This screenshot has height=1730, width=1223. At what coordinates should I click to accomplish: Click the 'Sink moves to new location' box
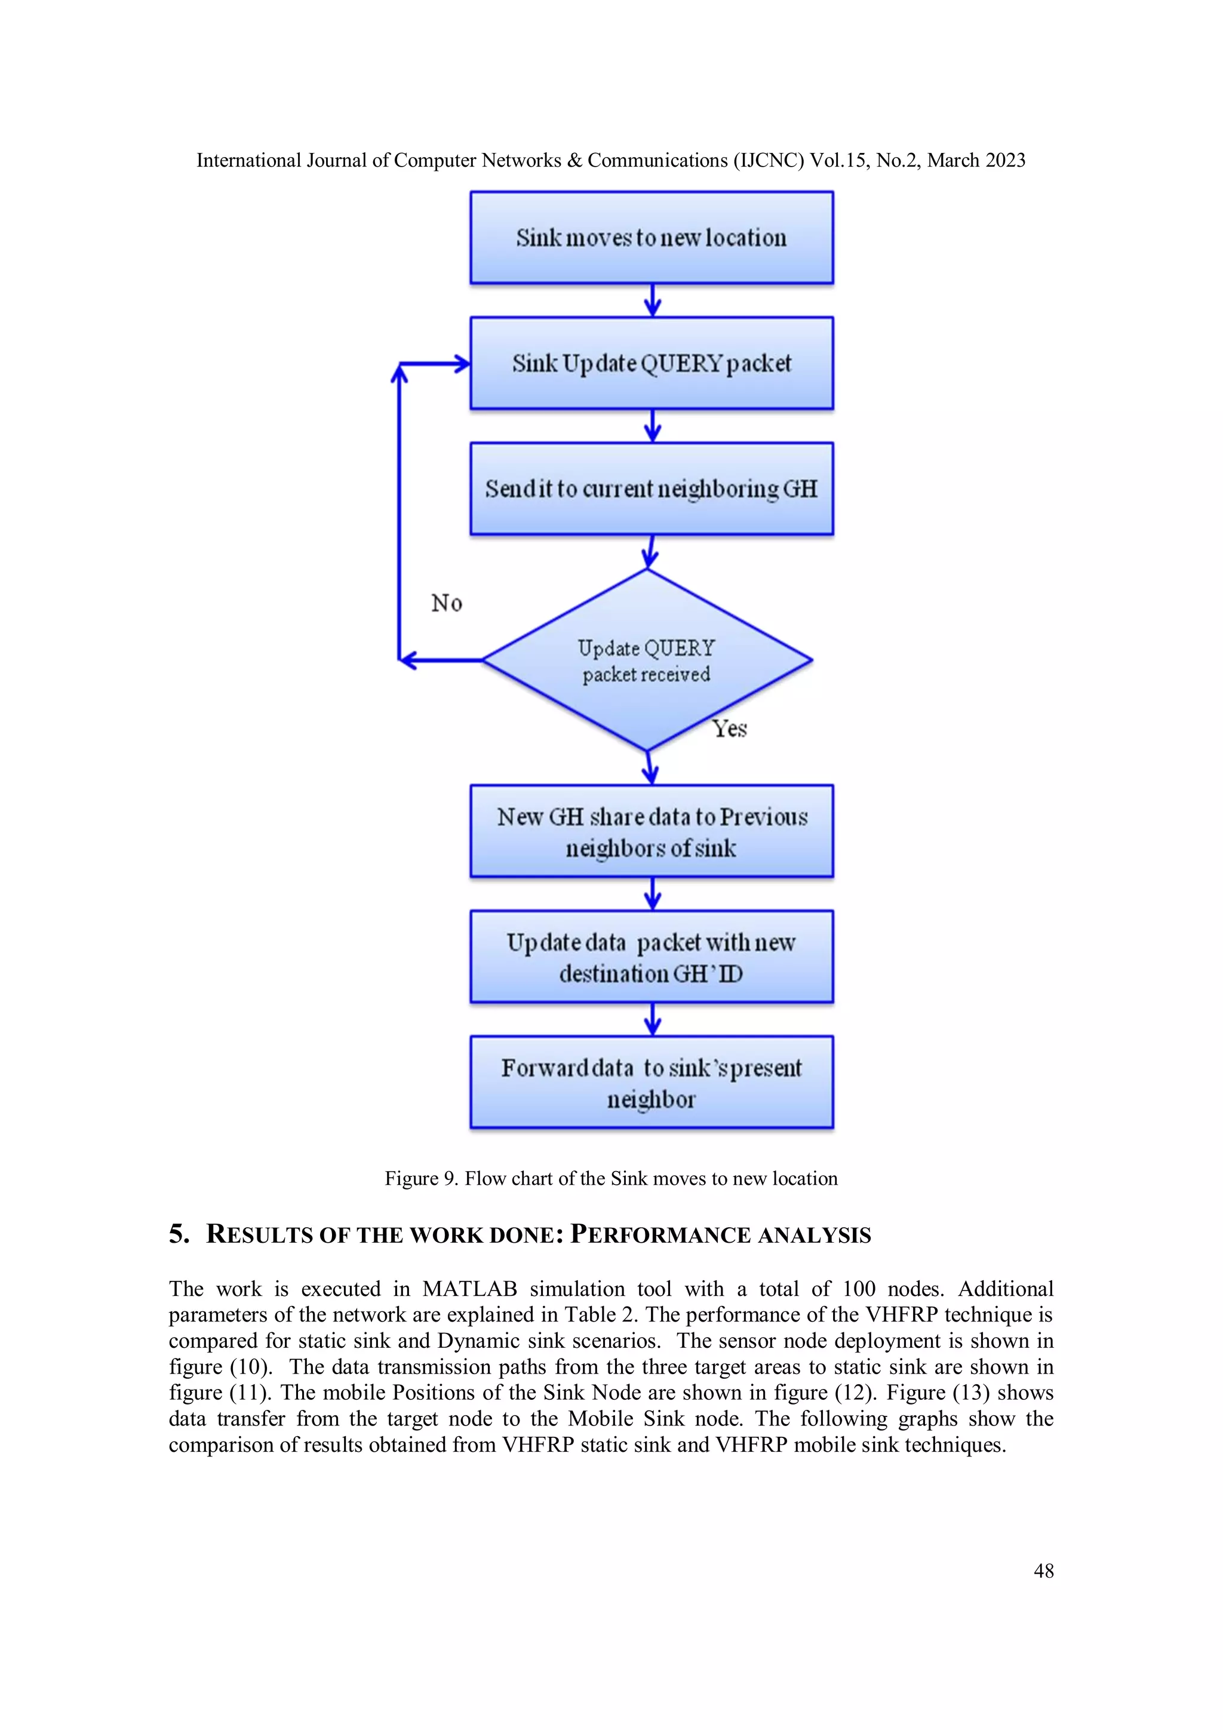click(651, 237)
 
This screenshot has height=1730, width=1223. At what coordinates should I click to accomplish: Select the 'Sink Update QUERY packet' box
click(651, 363)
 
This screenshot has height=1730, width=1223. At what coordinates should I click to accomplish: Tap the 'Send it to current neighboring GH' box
click(651, 489)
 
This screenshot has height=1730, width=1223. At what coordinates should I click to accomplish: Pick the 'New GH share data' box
click(651, 832)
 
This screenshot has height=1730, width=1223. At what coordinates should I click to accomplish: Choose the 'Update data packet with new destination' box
click(651, 957)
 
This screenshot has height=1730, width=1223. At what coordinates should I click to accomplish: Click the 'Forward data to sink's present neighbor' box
click(651, 1083)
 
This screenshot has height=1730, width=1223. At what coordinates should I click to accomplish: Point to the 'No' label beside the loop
click(446, 603)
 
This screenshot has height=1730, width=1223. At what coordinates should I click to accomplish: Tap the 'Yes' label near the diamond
click(729, 729)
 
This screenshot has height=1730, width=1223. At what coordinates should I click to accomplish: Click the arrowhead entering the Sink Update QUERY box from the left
click(460, 364)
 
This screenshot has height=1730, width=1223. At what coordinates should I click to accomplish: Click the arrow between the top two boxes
click(653, 300)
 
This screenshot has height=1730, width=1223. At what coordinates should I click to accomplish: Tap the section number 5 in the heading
click(178, 1234)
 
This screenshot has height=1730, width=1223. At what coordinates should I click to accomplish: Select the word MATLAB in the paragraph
click(469, 1289)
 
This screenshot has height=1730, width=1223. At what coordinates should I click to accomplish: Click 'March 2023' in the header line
click(976, 161)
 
